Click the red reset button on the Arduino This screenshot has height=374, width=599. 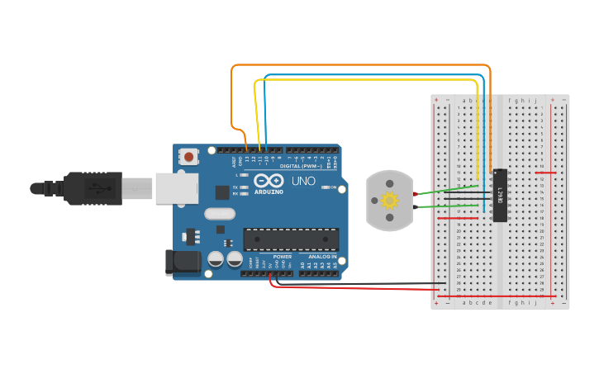[x=189, y=156]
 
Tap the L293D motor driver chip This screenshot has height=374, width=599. [x=500, y=196]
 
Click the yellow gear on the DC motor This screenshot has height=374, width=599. [x=389, y=200]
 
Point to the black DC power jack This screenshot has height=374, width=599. [x=182, y=263]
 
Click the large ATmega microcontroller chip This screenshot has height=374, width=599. [x=291, y=239]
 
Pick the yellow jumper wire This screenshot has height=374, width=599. [x=364, y=80]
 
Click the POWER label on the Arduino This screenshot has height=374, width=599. [x=282, y=257]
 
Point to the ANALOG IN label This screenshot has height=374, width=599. [x=321, y=257]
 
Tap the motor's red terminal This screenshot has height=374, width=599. [x=416, y=194]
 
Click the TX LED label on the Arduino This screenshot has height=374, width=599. [x=235, y=187]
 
